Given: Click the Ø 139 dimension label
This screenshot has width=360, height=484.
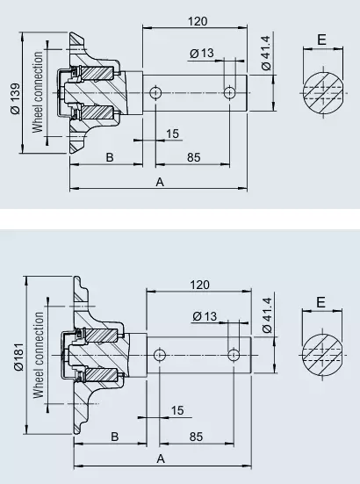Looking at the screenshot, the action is [x=15, y=98].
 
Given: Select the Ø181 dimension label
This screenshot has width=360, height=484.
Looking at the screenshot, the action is [x=18, y=357].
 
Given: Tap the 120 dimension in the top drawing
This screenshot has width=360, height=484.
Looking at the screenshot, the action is [x=198, y=21].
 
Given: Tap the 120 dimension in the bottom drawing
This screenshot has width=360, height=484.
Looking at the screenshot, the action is [x=200, y=285].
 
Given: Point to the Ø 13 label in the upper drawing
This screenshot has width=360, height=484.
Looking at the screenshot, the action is [x=202, y=53].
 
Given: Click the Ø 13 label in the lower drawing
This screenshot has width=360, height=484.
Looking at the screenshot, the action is [x=205, y=316].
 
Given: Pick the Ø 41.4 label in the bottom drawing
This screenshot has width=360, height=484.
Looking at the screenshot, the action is [x=267, y=315].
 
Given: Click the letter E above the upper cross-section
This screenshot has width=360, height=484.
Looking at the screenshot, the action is [x=321, y=40].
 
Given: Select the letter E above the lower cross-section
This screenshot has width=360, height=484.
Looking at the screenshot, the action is [x=320, y=302].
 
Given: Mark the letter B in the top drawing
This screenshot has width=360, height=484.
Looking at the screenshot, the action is [x=110, y=157].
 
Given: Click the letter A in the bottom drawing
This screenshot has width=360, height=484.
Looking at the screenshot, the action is [x=161, y=459].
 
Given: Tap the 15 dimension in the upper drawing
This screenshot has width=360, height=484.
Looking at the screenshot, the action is [x=172, y=134].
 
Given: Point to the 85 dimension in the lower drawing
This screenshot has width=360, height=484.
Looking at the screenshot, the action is [x=196, y=437].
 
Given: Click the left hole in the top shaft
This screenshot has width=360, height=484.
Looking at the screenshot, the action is [x=155, y=92].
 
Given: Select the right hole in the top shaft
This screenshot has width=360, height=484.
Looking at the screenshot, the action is [x=229, y=92].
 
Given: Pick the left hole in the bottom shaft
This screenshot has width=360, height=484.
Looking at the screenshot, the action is [x=160, y=355].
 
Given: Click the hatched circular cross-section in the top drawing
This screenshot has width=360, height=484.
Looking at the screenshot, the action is [x=323, y=93].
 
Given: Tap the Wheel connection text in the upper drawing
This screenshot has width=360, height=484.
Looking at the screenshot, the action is [x=38, y=92].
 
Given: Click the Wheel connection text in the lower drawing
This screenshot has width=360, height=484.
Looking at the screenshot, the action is [x=39, y=355].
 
